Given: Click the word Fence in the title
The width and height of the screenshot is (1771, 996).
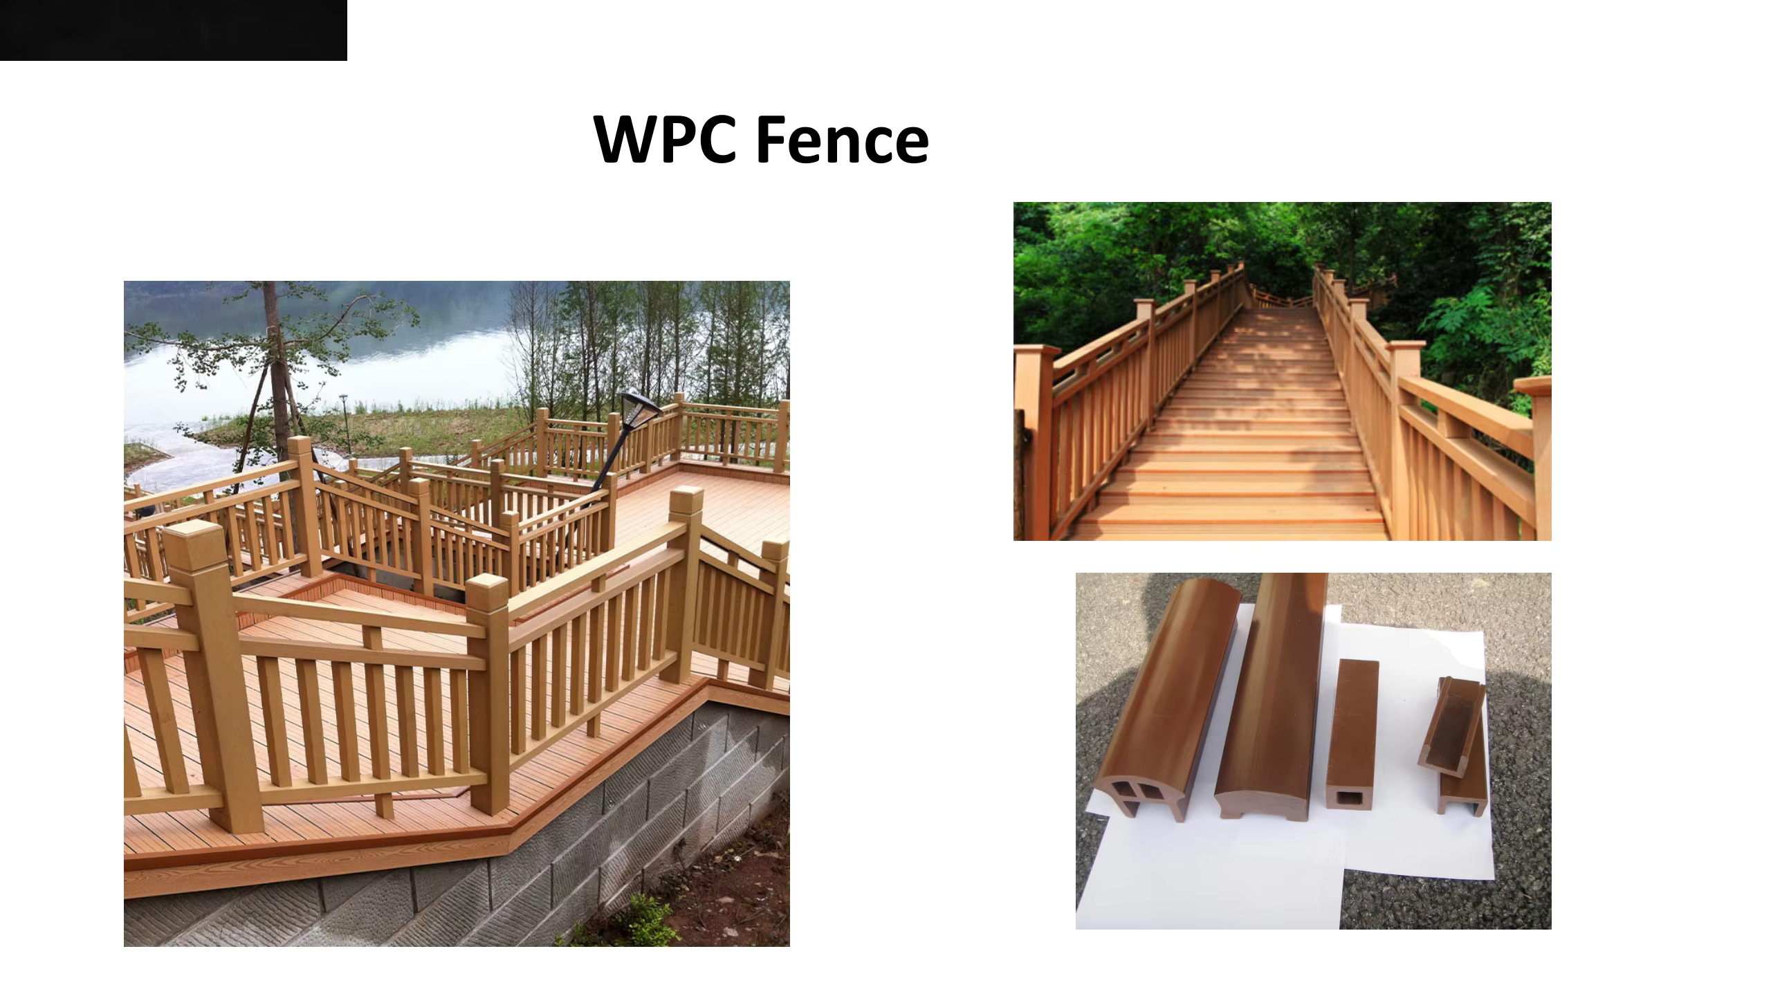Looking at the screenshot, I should tap(842, 140).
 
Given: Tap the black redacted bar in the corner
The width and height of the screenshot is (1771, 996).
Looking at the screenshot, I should tap(173, 30).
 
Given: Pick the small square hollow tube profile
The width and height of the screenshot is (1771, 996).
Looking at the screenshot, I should tap(1353, 733).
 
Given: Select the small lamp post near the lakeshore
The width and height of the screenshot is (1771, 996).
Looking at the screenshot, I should tap(344, 422).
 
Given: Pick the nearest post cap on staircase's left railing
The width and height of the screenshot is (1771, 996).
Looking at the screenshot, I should tap(1036, 351).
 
